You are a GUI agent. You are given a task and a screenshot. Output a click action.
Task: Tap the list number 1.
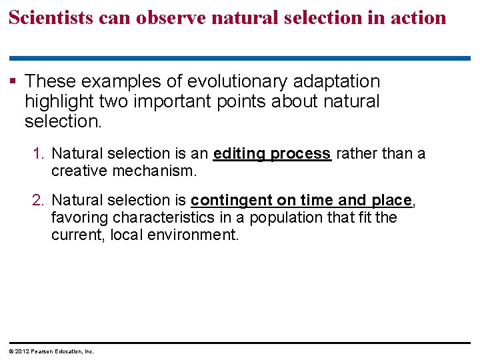click(39, 154)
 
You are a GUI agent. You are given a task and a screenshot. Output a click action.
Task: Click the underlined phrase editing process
click(272, 154)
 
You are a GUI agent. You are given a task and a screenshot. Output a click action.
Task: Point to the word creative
click(80, 171)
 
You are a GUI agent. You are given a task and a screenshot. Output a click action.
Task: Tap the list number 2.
click(39, 200)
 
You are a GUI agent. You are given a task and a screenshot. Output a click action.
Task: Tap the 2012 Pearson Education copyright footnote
click(52, 351)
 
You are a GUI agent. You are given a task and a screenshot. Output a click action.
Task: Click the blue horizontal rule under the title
click(239, 59)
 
